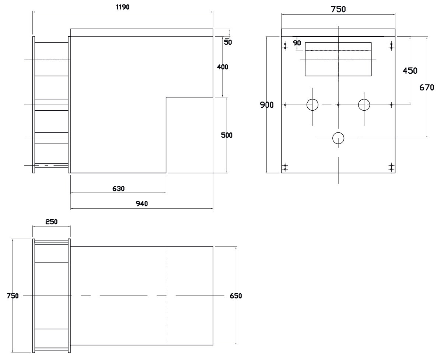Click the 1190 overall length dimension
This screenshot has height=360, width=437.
coord(123,7)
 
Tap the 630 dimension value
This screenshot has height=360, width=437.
coord(118,188)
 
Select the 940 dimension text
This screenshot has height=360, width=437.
coord(142,204)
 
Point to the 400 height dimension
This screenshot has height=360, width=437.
coord(223,67)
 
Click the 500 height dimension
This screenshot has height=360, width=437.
coord(227,135)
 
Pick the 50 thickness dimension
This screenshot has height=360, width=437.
coord(228,42)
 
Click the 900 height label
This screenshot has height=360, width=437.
coord(267,105)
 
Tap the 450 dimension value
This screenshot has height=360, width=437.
coord(410,71)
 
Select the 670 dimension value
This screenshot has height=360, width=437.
coord(427,88)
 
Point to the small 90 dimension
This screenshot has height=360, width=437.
coord(297,43)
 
